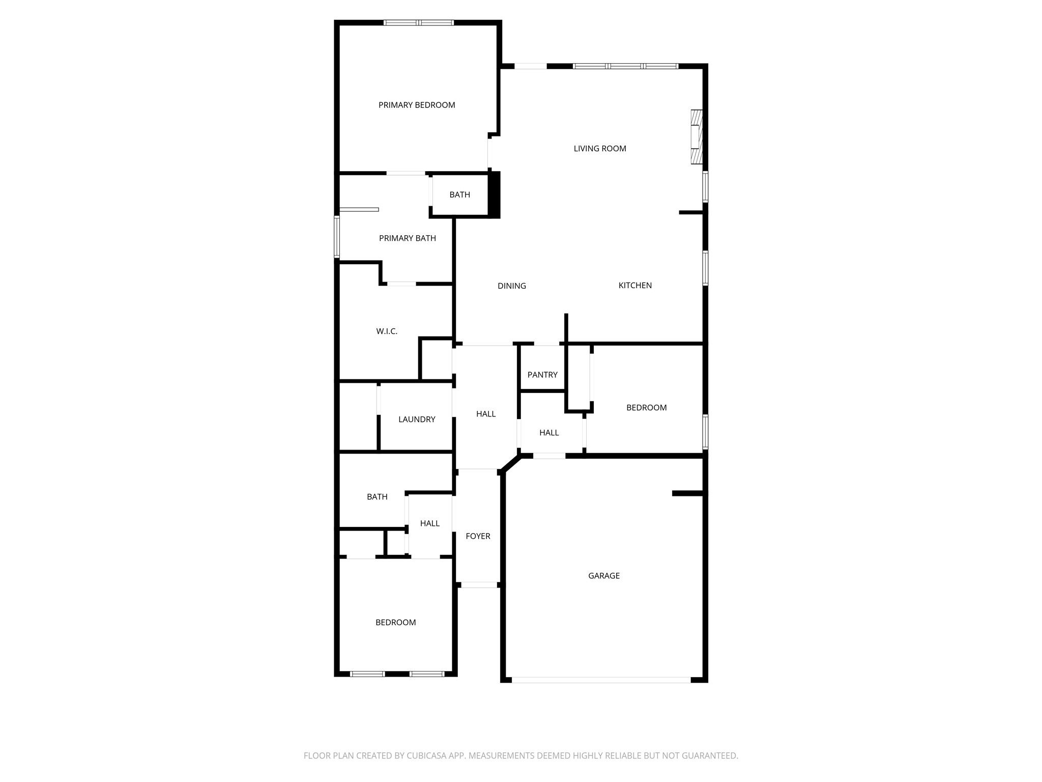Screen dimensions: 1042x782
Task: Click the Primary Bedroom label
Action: click(417, 105)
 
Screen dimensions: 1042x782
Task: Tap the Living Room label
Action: click(600, 149)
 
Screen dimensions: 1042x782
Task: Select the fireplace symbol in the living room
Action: click(696, 137)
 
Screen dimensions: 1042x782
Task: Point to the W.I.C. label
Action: click(387, 331)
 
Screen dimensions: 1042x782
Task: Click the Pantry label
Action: click(542, 375)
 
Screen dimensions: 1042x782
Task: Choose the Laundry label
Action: click(417, 420)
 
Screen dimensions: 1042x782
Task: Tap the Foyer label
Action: click(478, 536)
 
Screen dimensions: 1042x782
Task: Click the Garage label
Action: click(604, 576)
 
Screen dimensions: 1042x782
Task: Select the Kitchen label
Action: click(635, 286)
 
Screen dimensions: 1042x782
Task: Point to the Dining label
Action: click(512, 286)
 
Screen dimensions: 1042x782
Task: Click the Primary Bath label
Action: click(408, 238)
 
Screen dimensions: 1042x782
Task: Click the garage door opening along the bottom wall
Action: click(601, 680)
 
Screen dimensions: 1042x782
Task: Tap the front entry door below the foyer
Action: click(478, 585)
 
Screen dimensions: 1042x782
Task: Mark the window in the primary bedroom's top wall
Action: click(418, 22)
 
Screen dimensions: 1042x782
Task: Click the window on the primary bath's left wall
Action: click(337, 237)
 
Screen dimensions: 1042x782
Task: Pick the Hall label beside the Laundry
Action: click(486, 414)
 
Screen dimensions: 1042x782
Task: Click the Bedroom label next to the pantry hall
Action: click(646, 408)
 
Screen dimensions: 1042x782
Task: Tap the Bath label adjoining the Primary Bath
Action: click(459, 195)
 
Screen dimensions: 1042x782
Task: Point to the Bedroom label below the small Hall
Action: click(396, 623)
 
